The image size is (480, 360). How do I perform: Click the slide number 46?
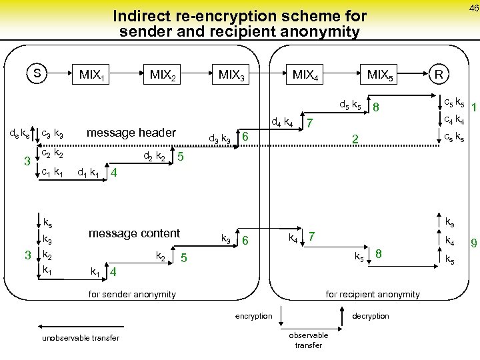click(473, 8)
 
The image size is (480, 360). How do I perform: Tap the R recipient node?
click(439, 73)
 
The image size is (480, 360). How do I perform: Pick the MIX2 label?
click(163, 75)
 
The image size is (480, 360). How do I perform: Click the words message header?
click(132, 133)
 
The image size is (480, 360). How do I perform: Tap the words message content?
click(134, 233)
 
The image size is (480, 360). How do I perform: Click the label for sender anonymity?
click(132, 294)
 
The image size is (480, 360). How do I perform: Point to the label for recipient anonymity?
click(372, 294)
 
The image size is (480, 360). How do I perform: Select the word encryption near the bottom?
click(253, 316)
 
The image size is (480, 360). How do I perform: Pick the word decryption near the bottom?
click(370, 316)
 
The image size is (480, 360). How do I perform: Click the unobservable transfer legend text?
click(80, 338)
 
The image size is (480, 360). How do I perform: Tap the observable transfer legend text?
click(308, 340)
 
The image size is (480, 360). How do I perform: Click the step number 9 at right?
click(473, 244)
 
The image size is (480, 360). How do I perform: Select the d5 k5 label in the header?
click(351, 105)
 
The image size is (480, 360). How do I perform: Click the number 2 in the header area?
click(355, 139)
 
